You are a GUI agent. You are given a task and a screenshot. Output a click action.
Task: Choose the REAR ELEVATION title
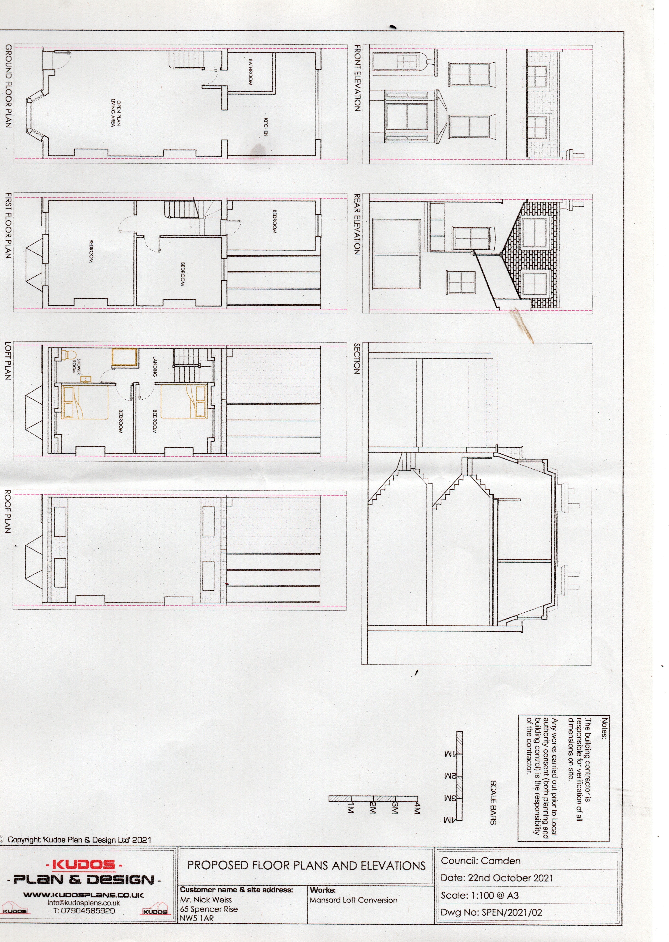click(357, 224)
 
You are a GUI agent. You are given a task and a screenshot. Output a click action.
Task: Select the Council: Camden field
click(481, 861)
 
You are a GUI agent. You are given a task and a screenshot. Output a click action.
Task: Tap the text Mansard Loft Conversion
click(353, 900)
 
